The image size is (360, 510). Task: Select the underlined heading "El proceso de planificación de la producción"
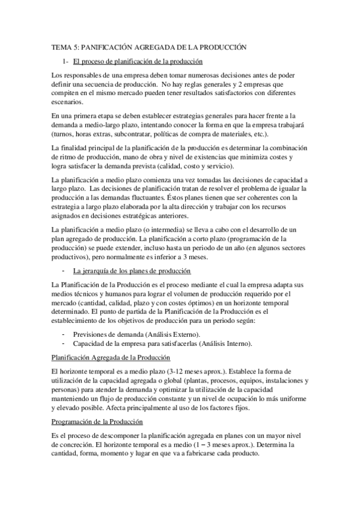(137, 61)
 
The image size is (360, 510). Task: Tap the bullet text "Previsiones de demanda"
(108, 334)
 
